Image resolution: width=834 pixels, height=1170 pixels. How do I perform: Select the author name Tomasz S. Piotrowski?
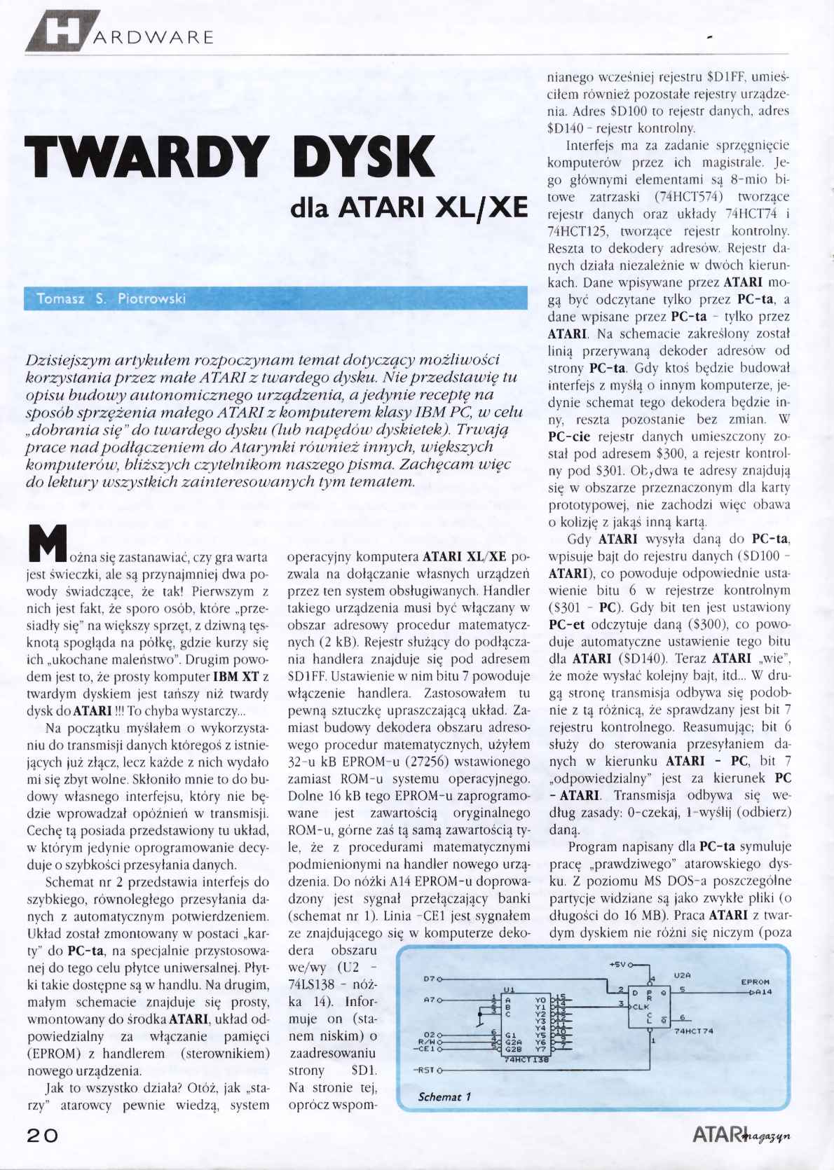point(111,298)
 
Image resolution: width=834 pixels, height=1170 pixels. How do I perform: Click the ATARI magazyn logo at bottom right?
point(741,1135)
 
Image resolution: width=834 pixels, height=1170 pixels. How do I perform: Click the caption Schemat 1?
point(444,1096)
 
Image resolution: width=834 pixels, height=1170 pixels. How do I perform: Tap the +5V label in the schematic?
point(619,964)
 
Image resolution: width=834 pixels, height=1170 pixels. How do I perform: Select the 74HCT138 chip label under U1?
point(526,1060)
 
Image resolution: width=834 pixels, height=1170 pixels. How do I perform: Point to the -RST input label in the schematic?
point(425,1071)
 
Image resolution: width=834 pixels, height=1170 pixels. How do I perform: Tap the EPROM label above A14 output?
point(756,982)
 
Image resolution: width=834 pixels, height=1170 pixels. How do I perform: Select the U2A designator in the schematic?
point(683,975)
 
